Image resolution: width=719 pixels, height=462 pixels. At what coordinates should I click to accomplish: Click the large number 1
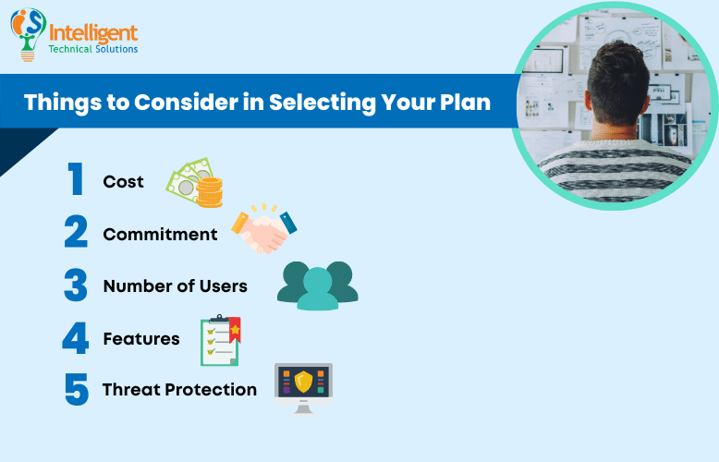[75, 181]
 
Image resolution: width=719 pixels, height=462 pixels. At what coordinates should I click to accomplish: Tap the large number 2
[76, 234]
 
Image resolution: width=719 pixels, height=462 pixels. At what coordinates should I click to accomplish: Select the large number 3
[76, 286]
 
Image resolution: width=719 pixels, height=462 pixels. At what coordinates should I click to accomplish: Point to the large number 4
[76, 338]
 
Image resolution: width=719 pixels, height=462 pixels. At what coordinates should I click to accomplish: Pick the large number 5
[76, 389]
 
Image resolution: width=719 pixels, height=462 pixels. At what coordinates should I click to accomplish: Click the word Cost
[123, 182]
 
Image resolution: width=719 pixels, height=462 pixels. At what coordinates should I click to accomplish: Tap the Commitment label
[160, 235]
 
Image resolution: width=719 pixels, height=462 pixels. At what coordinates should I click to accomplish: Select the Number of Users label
[175, 286]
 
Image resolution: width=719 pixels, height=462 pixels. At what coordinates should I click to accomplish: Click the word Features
[141, 339]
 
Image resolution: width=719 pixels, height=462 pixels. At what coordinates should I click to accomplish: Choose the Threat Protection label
[179, 390]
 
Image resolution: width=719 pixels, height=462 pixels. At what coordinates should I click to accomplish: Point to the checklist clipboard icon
[220, 340]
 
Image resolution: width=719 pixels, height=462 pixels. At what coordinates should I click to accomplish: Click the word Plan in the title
[466, 101]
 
